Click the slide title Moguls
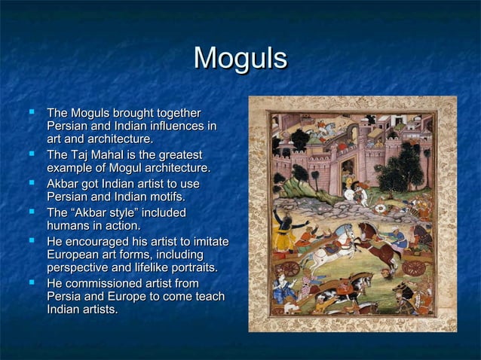click(x=240, y=58)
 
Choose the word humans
click(x=69, y=225)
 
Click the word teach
click(x=209, y=296)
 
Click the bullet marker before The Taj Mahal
click(x=31, y=154)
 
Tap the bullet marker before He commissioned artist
click(x=31, y=282)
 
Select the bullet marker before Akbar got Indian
click(x=31, y=182)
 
